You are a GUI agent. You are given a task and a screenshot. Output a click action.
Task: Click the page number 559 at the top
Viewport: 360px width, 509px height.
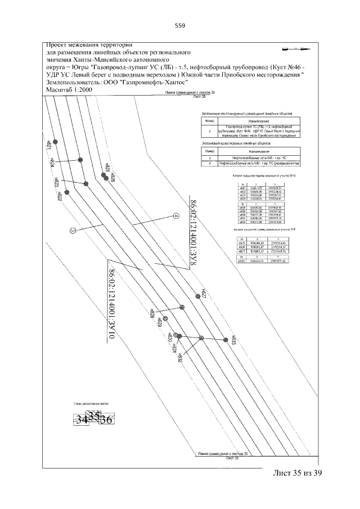point(180,26)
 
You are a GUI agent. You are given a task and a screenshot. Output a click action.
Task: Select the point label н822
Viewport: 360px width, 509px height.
point(58,195)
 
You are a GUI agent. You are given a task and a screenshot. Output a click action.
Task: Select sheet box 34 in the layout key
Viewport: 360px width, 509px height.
point(82,420)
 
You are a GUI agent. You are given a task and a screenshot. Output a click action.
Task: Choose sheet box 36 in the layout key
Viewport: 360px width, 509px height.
point(106,420)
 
